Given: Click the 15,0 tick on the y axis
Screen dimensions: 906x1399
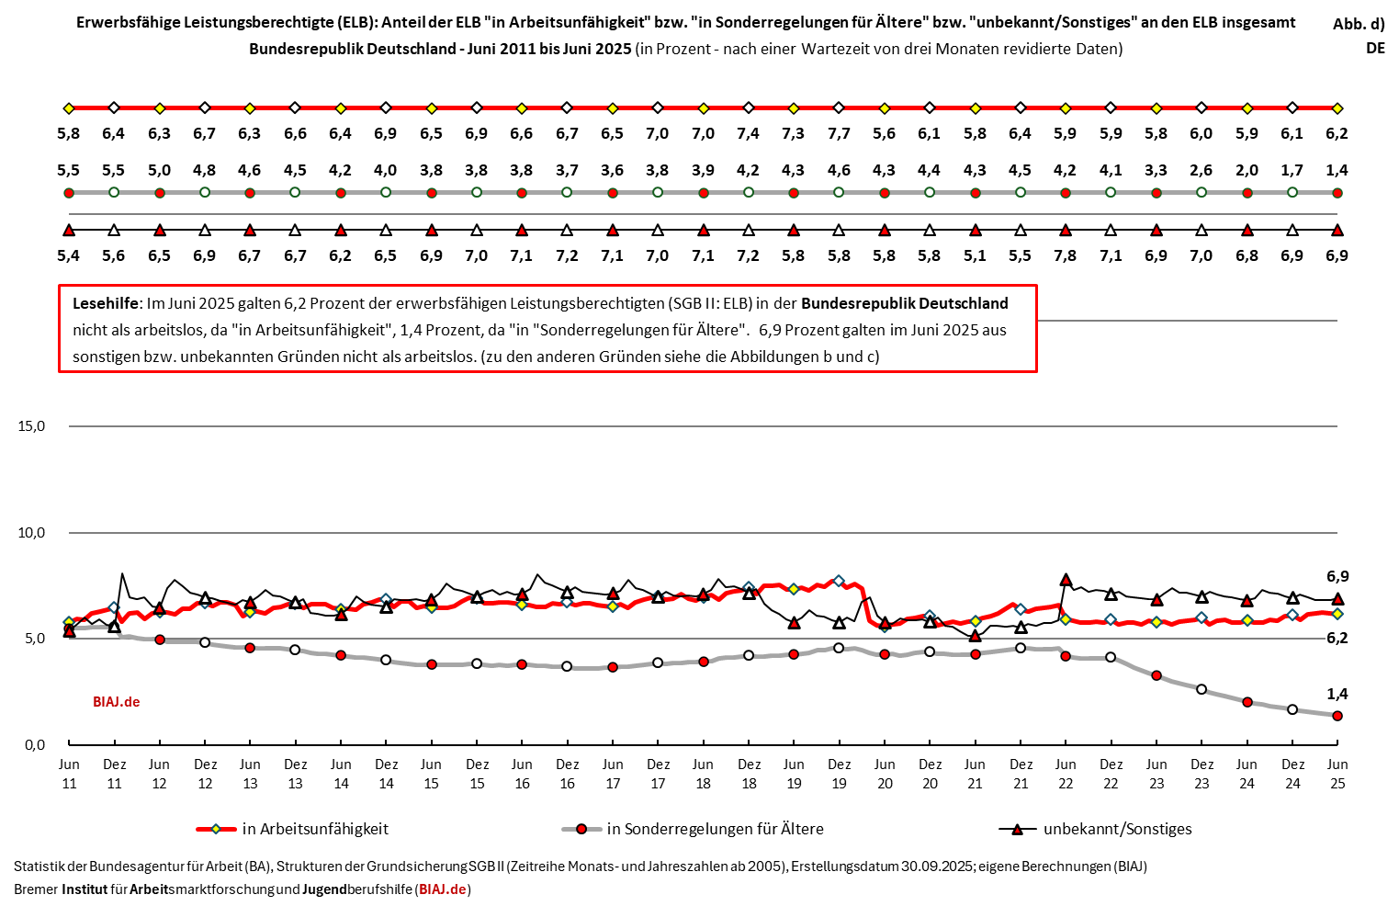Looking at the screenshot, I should pyautogui.click(x=31, y=426).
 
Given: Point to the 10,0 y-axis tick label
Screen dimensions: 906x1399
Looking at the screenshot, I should pyautogui.click(x=31, y=533).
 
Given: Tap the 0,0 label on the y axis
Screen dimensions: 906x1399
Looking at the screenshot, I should pyautogui.click(x=35, y=745).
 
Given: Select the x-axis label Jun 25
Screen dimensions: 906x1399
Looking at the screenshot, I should pyautogui.click(x=1337, y=774).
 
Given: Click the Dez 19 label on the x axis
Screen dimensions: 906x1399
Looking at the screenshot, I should pyautogui.click(x=839, y=774).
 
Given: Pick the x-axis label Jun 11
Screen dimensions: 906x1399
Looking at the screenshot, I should pyautogui.click(x=69, y=774).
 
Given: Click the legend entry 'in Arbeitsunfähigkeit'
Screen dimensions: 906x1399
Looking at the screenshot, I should pyautogui.click(x=315, y=829).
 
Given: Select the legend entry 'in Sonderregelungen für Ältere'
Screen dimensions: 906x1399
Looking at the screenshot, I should pyautogui.click(x=715, y=829).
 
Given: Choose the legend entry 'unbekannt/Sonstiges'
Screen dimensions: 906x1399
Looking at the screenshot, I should pyautogui.click(x=1117, y=829).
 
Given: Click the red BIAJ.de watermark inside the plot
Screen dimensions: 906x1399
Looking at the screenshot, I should pyautogui.click(x=117, y=702).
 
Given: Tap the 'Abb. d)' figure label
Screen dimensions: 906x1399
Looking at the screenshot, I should pyautogui.click(x=1359, y=24).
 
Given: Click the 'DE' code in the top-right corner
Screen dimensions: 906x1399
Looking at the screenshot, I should pyautogui.click(x=1375, y=48).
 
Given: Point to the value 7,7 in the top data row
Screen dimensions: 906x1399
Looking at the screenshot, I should pyautogui.click(x=839, y=133).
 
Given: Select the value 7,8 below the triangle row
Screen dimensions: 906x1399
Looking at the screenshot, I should pyautogui.click(x=1066, y=255).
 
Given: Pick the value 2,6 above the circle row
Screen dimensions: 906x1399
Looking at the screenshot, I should pyautogui.click(x=1202, y=170).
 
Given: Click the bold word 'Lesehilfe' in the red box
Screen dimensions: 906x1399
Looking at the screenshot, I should pyautogui.click(x=107, y=303).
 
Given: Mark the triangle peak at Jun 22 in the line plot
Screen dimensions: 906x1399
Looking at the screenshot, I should pyautogui.click(x=1066, y=580).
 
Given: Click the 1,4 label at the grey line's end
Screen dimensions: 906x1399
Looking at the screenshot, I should pyautogui.click(x=1337, y=695).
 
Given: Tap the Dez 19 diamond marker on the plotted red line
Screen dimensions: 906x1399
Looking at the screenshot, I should pyautogui.click(x=839, y=581).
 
